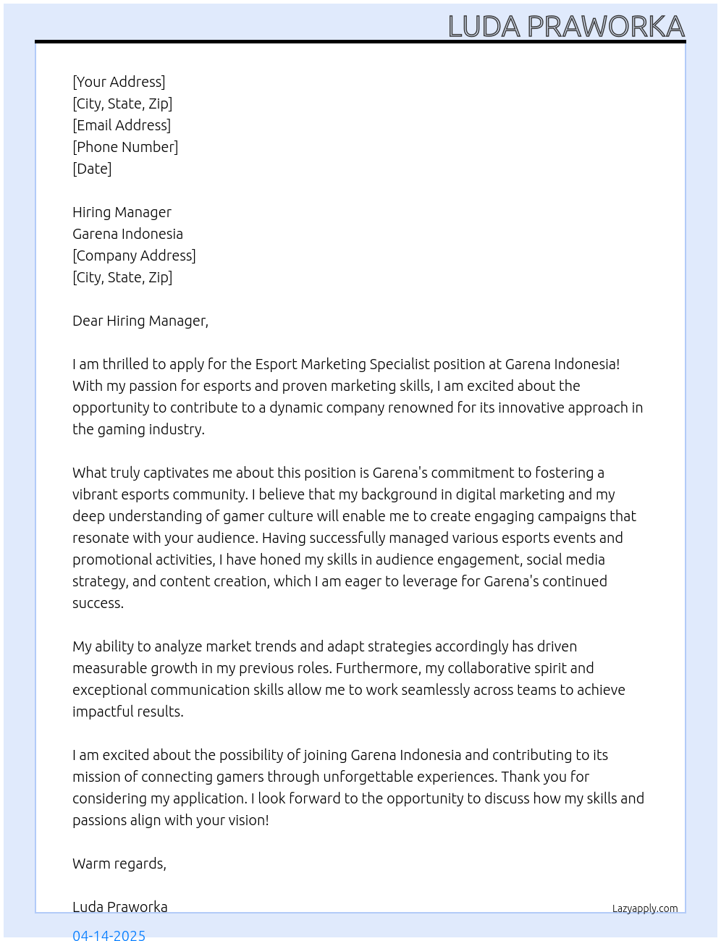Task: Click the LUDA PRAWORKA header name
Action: click(x=566, y=27)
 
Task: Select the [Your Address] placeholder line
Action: click(x=119, y=82)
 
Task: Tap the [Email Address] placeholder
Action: click(x=122, y=125)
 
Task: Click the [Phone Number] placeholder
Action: click(x=125, y=147)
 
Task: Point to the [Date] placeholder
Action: click(x=92, y=169)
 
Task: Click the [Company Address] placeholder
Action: click(x=134, y=256)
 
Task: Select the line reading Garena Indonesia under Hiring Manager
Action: click(x=127, y=234)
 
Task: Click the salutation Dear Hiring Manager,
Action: click(x=140, y=321)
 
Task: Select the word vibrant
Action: click(x=96, y=494)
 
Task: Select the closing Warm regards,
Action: click(x=119, y=864)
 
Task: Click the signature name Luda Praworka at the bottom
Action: click(x=120, y=907)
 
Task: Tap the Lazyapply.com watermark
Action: click(x=645, y=908)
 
